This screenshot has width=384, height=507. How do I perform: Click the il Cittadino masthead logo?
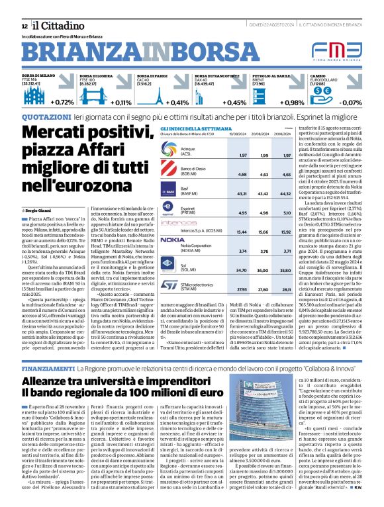pos(54,25)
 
